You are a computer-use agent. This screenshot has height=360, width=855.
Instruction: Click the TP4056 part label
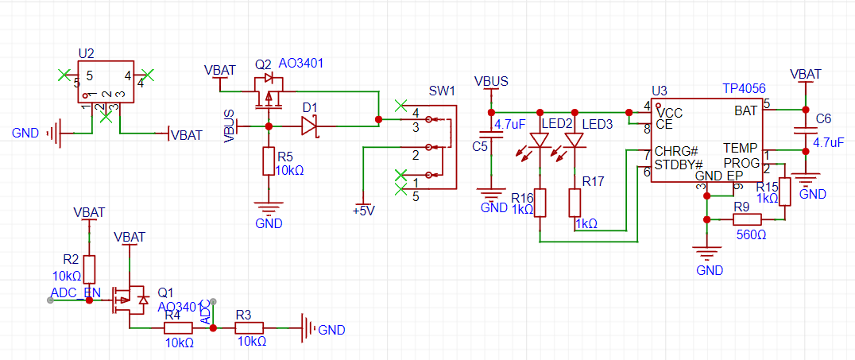pos(744,89)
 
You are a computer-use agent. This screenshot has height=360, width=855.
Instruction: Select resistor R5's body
pos(269,161)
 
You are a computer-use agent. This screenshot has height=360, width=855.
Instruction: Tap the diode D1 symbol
pos(309,126)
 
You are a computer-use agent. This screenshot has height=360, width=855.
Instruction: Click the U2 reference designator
pos(87,53)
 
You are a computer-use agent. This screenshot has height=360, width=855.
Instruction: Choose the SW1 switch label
pos(442,91)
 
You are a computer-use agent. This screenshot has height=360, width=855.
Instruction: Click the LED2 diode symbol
pos(540,140)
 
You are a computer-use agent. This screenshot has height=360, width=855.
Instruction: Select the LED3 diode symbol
pos(575,140)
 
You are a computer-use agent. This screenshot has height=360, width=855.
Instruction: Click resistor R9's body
pos(747,220)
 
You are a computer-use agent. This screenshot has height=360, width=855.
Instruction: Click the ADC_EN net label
pos(75,292)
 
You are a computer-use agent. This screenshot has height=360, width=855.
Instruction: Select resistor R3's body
pos(250,328)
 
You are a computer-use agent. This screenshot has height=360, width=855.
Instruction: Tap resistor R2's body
pos(89,269)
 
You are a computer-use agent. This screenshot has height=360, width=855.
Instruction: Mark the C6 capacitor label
pos(823,119)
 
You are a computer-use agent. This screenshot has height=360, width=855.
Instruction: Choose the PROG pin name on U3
pos(741,163)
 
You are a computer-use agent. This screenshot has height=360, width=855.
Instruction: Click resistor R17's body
pos(575,203)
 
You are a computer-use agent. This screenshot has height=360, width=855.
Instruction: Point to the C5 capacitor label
pos(480,146)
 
